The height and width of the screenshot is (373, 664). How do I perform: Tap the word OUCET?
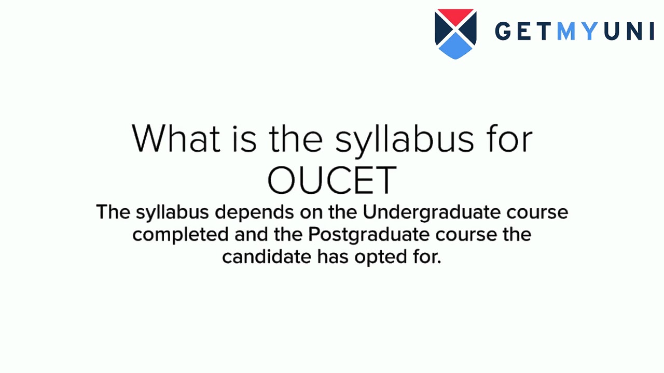(332, 180)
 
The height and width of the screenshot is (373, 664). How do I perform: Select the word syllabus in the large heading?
(404, 140)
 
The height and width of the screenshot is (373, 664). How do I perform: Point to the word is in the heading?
(244, 138)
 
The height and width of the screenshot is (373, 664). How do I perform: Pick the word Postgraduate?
(369, 235)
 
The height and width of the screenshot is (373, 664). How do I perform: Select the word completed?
(180, 235)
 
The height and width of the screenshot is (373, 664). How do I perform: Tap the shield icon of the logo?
(455, 34)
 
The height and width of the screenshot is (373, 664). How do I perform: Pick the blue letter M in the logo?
(566, 32)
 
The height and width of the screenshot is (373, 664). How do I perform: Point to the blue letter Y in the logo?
(590, 32)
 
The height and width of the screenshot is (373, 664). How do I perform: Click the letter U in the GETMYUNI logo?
(613, 32)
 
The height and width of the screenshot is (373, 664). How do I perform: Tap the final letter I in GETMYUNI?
(651, 32)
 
